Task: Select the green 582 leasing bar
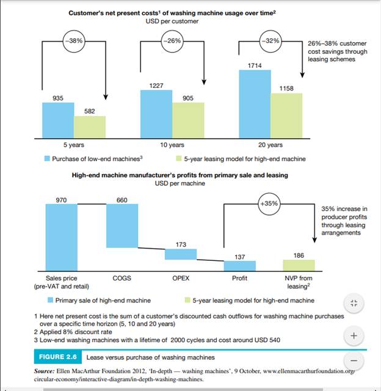pyautogui.click(x=90, y=126)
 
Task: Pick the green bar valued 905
pyautogui.click(x=188, y=120)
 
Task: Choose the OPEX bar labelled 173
pyautogui.click(x=181, y=254)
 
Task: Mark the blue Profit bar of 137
pyautogui.click(x=240, y=266)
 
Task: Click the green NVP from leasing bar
pyautogui.click(x=299, y=265)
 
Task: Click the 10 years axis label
pyautogui.click(x=172, y=145)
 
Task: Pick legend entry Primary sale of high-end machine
pyautogui.click(x=99, y=300)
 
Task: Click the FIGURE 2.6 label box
pyautogui.click(x=58, y=357)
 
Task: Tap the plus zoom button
pyautogui.click(x=354, y=335)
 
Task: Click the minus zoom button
pyautogui.click(x=354, y=361)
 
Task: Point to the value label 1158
pyautogui.click(x=286, y=89)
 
